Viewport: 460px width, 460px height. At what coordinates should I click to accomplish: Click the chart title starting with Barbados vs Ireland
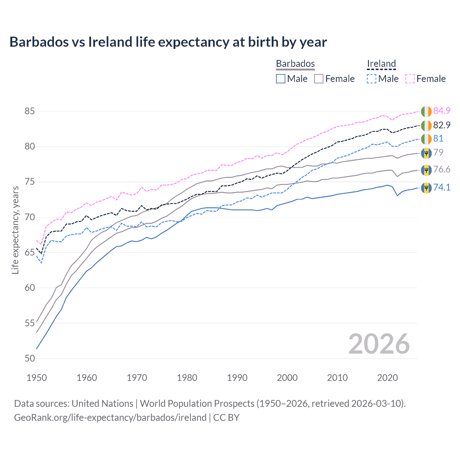[x=168, y=42]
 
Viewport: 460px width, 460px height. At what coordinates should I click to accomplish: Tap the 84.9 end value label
[x=442, y=111]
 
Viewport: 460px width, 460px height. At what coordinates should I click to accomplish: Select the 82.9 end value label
[x=442, y=125]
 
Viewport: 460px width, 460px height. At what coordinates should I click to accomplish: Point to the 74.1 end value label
[x=442, y=187]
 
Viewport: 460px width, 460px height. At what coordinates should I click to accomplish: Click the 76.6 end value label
[x=442, y=169]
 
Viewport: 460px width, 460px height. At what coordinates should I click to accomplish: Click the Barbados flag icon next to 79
[x=426, y=153]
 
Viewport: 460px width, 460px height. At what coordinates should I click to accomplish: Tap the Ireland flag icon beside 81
[x=426, y=139]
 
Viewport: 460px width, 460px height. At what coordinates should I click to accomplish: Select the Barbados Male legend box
[x=281, y=79]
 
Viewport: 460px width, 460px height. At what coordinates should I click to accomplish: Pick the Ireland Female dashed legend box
[x=410, y=79]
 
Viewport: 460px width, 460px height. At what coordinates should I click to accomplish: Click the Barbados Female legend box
[x=319, y=79]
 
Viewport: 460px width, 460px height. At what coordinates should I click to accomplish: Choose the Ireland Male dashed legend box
[x=372, y=79]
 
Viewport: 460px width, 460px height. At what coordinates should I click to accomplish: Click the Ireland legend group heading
[x=381, y=64]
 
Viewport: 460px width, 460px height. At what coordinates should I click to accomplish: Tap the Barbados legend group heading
[x=295, y=64]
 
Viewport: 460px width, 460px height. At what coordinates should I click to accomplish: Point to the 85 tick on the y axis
[x=29, y=111]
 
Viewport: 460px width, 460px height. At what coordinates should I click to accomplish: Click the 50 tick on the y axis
[x=29, y=358]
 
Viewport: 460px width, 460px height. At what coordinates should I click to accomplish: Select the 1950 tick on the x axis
[x=37, y=378]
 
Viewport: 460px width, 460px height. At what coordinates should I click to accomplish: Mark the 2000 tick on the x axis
[x=287, y=378]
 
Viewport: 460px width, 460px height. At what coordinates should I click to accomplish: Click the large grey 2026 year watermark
[x=379, y=344]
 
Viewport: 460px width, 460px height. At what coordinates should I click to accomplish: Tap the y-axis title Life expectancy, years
[x=15, y=230]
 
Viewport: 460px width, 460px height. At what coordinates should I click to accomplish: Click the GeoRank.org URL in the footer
[x=110, y=418]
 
